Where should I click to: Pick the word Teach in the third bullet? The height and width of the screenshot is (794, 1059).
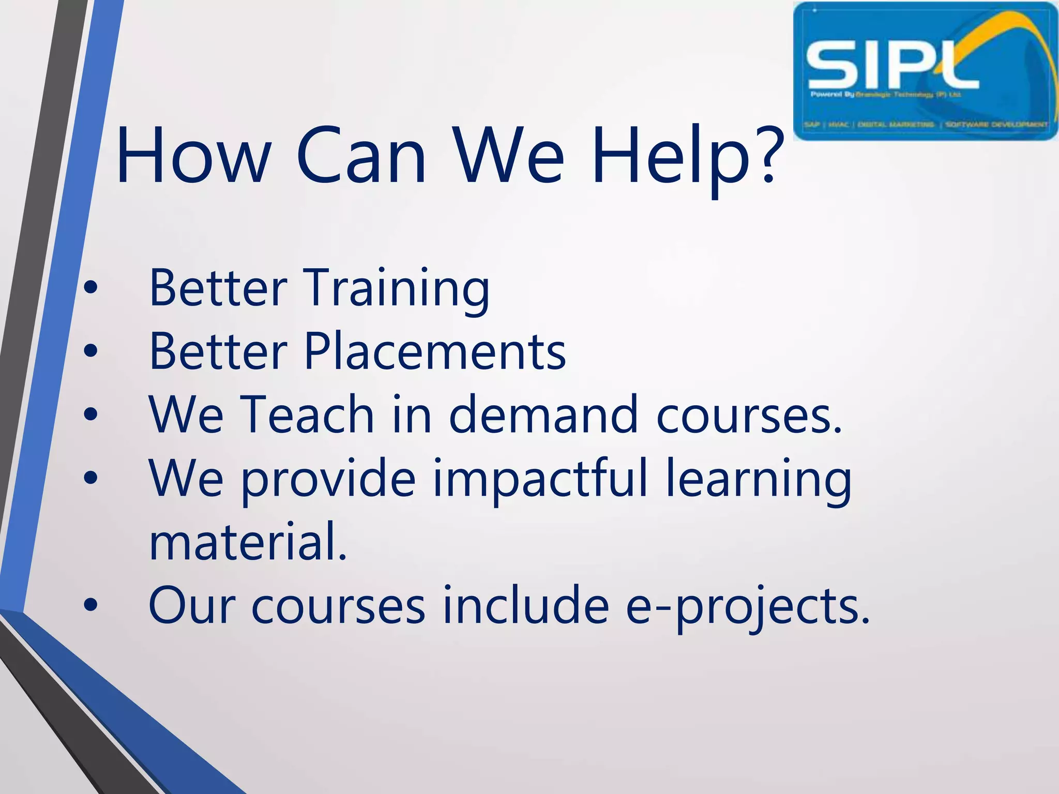click(307, 415)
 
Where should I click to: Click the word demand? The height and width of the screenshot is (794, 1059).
click(543, 415)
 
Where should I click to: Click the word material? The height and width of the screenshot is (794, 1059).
click(247, 542)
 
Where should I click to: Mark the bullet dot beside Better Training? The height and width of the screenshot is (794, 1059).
click(90, 289)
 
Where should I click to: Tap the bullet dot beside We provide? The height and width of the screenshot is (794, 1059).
click(90, 479)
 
